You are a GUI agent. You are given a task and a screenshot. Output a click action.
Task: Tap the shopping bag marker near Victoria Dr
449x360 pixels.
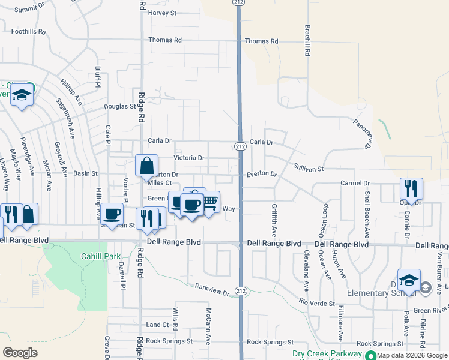(x=147, y=165)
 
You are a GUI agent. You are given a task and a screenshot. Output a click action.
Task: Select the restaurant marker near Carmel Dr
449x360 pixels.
(x=411, y=188)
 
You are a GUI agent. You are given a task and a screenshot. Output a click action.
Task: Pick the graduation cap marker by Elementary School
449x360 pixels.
(x=409, y=280)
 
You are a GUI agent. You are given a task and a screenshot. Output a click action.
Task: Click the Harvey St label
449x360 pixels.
(x=162, y=13)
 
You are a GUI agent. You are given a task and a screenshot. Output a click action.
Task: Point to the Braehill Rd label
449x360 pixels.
(x=307, y=41)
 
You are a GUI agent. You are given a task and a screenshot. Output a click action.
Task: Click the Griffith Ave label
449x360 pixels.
(x=274, y=220)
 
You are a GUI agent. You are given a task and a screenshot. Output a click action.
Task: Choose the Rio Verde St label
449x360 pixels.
(x=317, y=303)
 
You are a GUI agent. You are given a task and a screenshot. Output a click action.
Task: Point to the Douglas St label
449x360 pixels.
(x=120, y=106)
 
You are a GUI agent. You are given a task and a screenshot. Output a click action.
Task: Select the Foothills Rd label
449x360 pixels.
(x=29, y=31)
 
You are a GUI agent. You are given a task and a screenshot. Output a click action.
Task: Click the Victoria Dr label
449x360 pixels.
(x=189, y=158)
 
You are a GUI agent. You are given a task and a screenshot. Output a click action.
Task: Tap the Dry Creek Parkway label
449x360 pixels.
(x=327, y=354)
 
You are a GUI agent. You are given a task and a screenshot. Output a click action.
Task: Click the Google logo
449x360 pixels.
(x=20, y=353)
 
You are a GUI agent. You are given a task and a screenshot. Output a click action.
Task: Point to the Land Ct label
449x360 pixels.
(x=157, y=325)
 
